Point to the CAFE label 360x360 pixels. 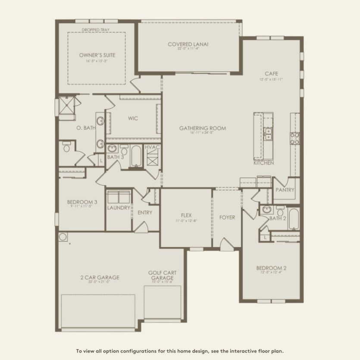[x=272, y=74]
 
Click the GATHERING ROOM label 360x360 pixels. [x=202, y=128]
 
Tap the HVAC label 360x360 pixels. [x=153, y=147]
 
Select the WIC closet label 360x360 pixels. [x=133, y=118]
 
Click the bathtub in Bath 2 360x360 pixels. [x=294, y=219]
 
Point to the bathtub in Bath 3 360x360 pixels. [x=136, y=156]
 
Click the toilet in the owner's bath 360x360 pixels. [x=66, y=148]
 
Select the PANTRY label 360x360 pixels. [x=285, y=190]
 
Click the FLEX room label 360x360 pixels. [x=186, y=215]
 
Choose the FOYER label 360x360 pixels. [x=227, y=217]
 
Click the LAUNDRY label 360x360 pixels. [x=119, y=207]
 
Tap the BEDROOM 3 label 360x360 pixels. [x=82, y=202]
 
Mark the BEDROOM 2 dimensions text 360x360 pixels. [x=271, y=272]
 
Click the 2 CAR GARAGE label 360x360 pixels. [x=100, y=277]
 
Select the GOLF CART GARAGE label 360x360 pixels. [x=162, y=275]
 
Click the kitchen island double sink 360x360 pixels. [x=268, y=133]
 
